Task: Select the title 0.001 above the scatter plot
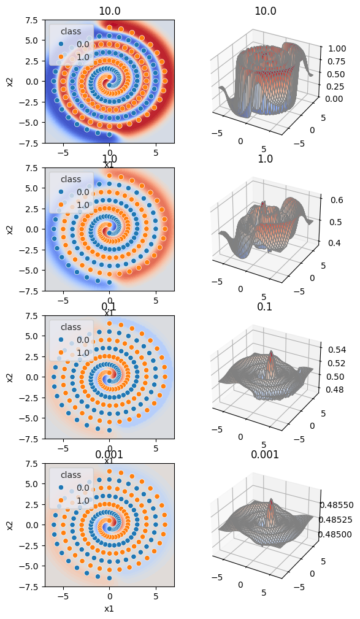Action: (109, 455)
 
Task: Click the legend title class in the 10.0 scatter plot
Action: (72, 30)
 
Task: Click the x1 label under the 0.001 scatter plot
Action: (109, 609)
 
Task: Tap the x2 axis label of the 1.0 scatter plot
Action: (9, 229)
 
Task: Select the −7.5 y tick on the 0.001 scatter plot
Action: (30, 586)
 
